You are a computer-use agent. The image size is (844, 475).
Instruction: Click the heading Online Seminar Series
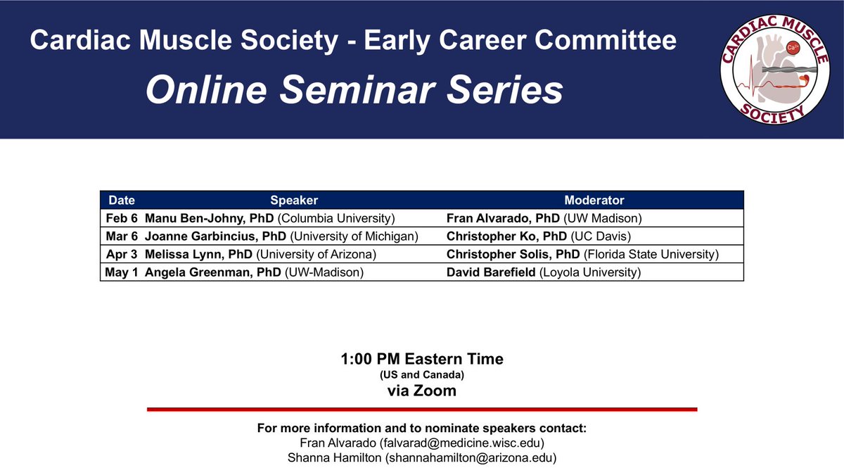tap(354, 90)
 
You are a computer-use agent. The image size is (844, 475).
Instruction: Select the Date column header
tap(122, 201)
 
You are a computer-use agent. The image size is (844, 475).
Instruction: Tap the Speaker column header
tap(294, 201)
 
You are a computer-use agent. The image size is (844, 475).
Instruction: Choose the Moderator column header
tap(594, 201)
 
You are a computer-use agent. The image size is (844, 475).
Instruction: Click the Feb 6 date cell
tap(122, 218)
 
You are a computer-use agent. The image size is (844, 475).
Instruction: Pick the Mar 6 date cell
tap(122, 236)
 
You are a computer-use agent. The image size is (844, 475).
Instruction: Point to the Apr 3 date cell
tap(122, 254)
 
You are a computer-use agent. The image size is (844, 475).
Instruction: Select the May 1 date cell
tap(122, 272)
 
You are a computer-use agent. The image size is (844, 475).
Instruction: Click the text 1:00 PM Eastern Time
tap(421, 359)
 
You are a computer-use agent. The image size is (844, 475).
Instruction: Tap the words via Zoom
tap(421, 391)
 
